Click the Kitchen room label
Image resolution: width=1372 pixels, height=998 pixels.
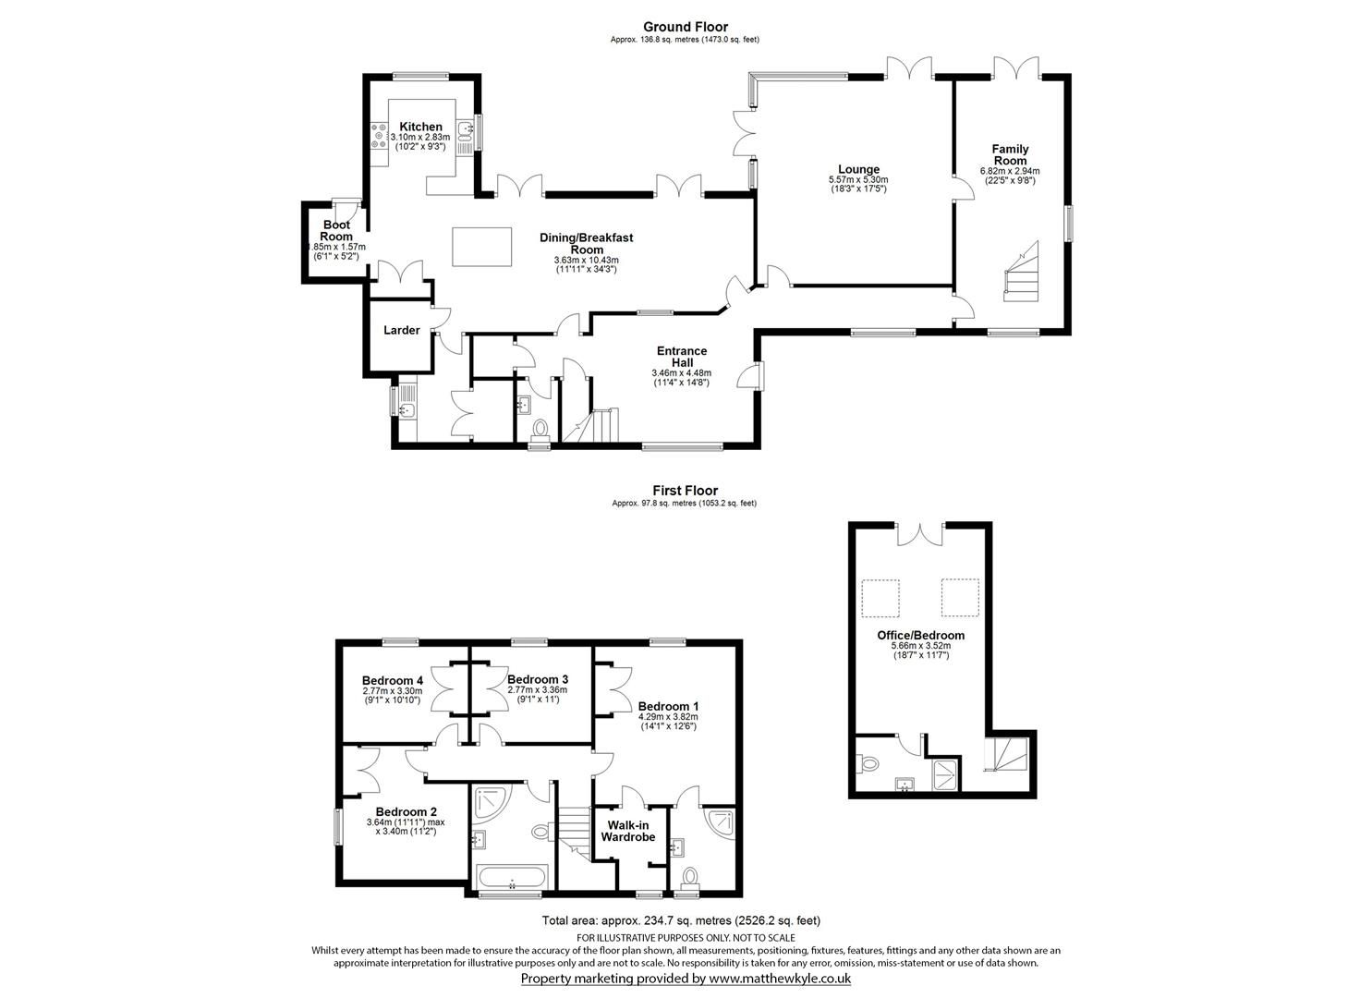420,127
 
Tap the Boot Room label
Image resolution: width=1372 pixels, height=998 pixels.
336,231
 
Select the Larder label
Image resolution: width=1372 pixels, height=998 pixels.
402,330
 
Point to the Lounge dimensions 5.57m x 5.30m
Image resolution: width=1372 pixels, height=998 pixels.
858,179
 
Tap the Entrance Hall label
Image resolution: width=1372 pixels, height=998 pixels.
682,357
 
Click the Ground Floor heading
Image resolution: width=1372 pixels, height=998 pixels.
685,27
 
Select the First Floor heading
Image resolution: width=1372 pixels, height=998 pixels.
685,491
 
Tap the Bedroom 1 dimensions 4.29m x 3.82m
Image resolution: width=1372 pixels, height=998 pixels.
668,716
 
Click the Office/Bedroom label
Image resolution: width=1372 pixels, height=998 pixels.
920,635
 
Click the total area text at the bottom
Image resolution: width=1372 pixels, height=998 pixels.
681,920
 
